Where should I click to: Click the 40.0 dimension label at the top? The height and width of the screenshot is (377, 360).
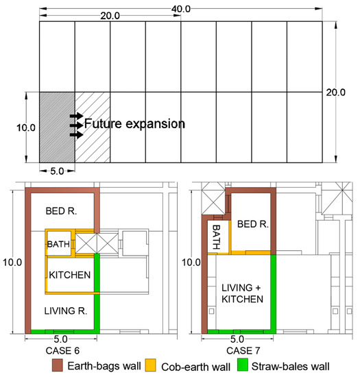181,9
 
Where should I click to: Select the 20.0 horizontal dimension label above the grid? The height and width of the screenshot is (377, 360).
110,16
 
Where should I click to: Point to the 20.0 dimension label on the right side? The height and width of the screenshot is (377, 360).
336,93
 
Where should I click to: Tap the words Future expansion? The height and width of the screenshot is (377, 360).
134,124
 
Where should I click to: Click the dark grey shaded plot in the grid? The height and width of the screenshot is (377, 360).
57,127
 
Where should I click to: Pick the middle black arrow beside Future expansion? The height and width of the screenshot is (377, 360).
77,125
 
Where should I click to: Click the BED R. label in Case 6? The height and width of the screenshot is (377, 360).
61,211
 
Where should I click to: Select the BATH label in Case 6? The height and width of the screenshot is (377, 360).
58,244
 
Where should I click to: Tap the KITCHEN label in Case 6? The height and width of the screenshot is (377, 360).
70,275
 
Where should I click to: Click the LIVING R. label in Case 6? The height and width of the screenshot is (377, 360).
66,311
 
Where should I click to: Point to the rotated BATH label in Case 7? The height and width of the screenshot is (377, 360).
216,237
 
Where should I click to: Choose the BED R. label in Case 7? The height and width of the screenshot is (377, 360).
253,224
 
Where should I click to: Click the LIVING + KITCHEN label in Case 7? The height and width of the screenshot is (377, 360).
242,293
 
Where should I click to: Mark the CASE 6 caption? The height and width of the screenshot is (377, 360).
62,351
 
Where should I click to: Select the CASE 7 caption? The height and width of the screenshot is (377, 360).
243,351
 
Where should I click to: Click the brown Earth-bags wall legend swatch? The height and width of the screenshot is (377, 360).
58,365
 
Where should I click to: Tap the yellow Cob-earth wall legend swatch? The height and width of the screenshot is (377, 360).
151,365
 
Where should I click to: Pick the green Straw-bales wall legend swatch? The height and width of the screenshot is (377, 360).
243,365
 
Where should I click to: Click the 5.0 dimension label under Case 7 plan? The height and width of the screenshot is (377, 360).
237,339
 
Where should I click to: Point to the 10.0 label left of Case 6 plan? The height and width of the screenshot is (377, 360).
12,262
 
